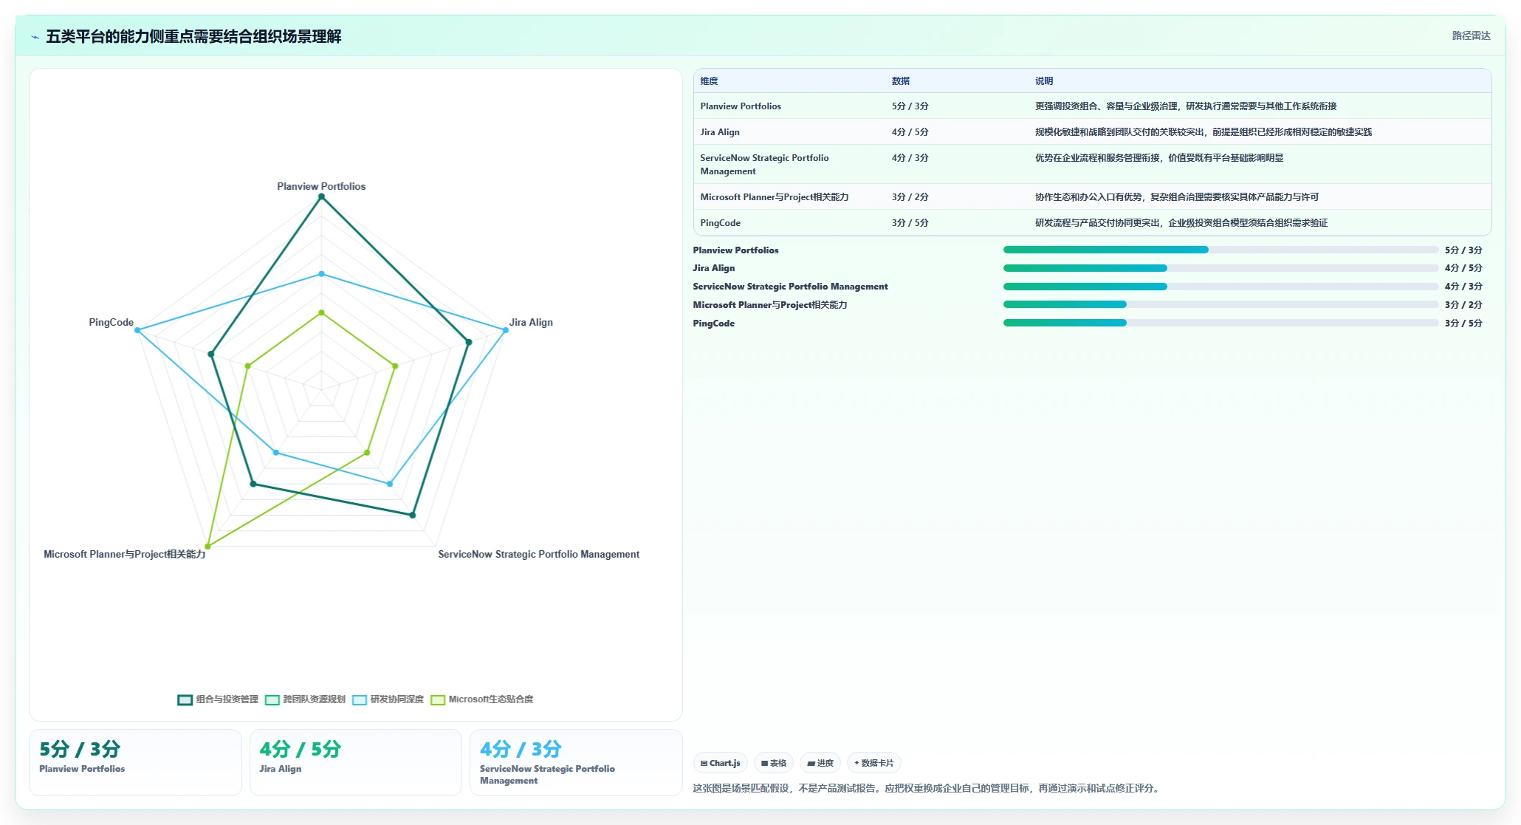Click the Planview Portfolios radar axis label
point(321,186)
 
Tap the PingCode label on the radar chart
point(111,322)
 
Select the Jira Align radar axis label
point(531,322)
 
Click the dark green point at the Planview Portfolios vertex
point(321,196)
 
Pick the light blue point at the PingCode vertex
point(137,330)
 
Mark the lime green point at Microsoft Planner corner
point(207,547)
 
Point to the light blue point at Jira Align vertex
point(505,330)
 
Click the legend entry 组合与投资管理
point(218,699)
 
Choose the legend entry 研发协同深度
point(388,699)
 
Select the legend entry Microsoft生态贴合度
point(482,699)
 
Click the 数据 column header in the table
point(901,81)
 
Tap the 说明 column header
point(1044,81)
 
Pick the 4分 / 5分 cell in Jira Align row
point(910,132)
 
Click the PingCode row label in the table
point(720,223)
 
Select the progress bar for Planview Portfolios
point(1220,250)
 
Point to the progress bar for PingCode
point(1220,323)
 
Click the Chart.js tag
point(721,763)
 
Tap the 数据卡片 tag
point(874,763)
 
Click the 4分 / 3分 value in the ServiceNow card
point(521,749)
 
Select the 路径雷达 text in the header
point(1471,35)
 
